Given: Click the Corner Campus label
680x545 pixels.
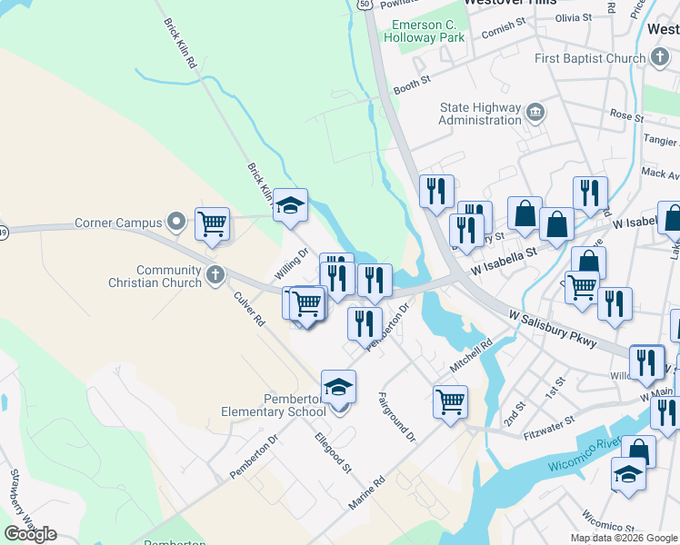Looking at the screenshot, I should tap(117, 222).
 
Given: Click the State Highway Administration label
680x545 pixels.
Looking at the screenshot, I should tap(480, 114).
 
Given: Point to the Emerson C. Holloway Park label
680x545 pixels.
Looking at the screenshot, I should tap(425, 31).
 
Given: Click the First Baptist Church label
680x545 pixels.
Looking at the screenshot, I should tap(590, 58).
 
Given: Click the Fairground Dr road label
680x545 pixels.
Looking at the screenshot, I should tap(397, 417).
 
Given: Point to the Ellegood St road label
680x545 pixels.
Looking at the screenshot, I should tap(333, 451).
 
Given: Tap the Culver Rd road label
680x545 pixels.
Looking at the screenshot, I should tap(247, 309).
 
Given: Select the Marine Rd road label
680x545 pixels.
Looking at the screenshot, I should tap(367, 492).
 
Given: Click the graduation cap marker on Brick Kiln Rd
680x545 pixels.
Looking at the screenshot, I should tap(290, 206).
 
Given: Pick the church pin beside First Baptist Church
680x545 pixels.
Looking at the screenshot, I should tap(661, 58).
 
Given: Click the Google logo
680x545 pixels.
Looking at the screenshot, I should tap(30, 533).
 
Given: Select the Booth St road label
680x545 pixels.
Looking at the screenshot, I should tap(411, 87).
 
